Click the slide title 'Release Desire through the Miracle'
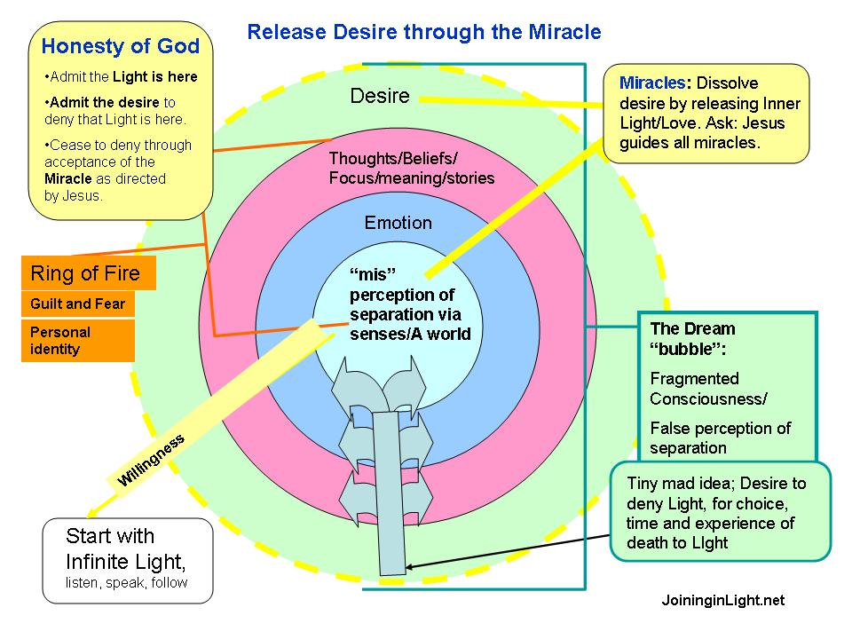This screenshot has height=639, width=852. tap(423, 33)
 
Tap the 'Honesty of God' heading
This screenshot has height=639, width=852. tap(121, 46)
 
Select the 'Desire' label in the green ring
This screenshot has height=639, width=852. tap(380, 96)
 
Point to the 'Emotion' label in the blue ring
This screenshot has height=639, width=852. tap(398, 223)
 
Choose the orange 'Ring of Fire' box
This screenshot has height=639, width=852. tap(88, 273)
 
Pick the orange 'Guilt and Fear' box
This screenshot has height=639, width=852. tap(78, 304)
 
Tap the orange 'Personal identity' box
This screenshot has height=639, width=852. tap(78, 341)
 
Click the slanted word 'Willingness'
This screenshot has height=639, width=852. tap(151, 460)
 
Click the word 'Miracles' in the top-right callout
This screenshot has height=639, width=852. tap(653, 83)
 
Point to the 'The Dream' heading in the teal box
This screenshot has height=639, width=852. tap(693, 328)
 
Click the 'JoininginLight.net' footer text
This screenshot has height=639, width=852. tap(722, 601)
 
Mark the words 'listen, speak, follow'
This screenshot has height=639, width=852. tap(126, 583)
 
